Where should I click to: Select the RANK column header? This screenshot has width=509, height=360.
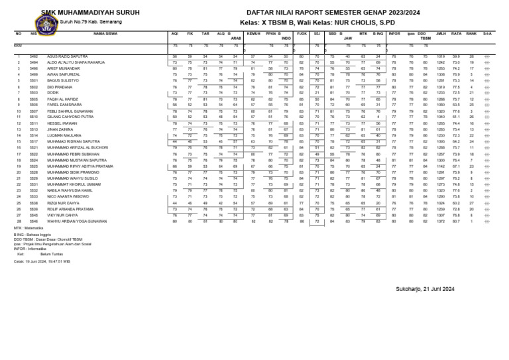point(471,32)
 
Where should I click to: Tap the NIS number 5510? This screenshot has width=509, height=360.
point(34,117)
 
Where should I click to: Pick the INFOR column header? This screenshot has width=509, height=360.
point(394,32)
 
